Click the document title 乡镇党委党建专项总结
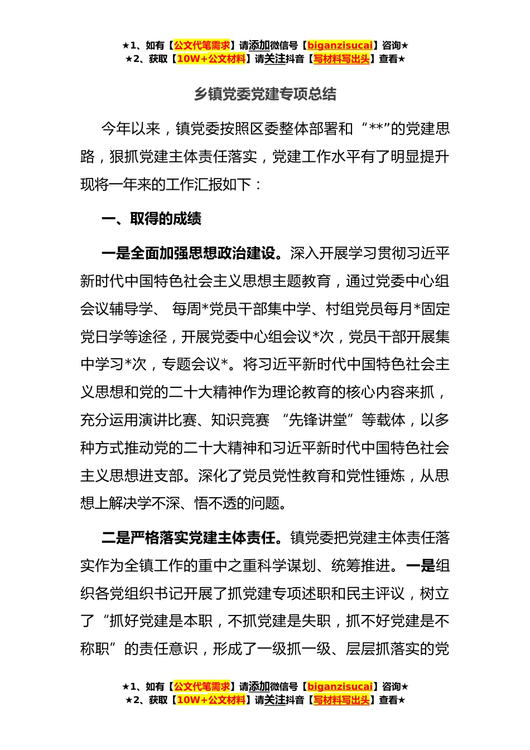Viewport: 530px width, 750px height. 265,94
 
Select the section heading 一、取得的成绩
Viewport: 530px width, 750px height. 151,219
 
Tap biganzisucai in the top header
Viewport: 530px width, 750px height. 340,46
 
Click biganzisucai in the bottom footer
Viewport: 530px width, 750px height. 340,687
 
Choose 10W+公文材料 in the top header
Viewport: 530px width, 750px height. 211,59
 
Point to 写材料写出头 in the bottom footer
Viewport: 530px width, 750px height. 341,700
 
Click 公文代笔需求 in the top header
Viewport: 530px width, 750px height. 202,46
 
